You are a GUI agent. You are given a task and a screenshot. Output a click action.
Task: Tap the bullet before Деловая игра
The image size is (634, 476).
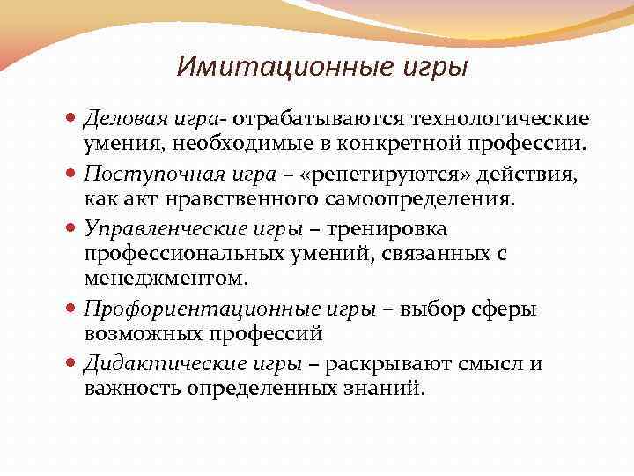(72, 118)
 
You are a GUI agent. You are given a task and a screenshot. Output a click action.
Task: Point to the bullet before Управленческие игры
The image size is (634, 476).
(72, 229)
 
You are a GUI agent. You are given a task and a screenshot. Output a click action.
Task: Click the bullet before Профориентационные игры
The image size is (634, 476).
(72, 309)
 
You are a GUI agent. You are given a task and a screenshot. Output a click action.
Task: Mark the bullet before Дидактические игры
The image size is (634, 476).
(72, 363)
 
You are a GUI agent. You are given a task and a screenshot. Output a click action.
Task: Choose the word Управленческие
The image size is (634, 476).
(150, 229)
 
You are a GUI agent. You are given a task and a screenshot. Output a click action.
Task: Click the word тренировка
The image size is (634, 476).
(387, 229)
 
